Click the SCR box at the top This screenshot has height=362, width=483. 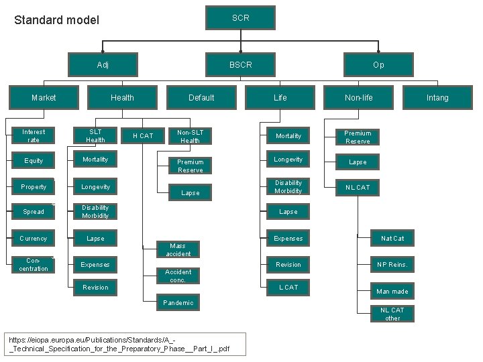(x=241, y=18)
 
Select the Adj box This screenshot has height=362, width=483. (x=103, y=65)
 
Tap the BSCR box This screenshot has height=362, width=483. (x=241, y=65)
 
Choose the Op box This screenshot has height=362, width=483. (x=378, y=65)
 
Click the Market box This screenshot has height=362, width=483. (x=44, y=97)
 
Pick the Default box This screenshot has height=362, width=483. (x=201, y=97)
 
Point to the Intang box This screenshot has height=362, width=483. (x=437, y=97)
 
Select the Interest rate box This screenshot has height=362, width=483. (x=34, y=136)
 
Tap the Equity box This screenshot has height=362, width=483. (x=34, y=161)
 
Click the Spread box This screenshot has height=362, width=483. (x=34, y=212)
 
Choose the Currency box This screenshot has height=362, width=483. (x=34, y=239)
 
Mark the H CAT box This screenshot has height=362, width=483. (x=143, y=136)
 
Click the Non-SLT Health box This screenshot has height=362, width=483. (x=191, y=136)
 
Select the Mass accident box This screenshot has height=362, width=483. (x=178, y=250)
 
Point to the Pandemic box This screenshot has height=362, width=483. (x=178, y=303)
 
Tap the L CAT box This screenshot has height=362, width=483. (x=288, y=288)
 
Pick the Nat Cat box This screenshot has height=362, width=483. (x=392, y=239)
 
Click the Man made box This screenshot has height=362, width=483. (x=392, y=292)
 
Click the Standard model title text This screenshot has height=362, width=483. (x=57, y=20)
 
